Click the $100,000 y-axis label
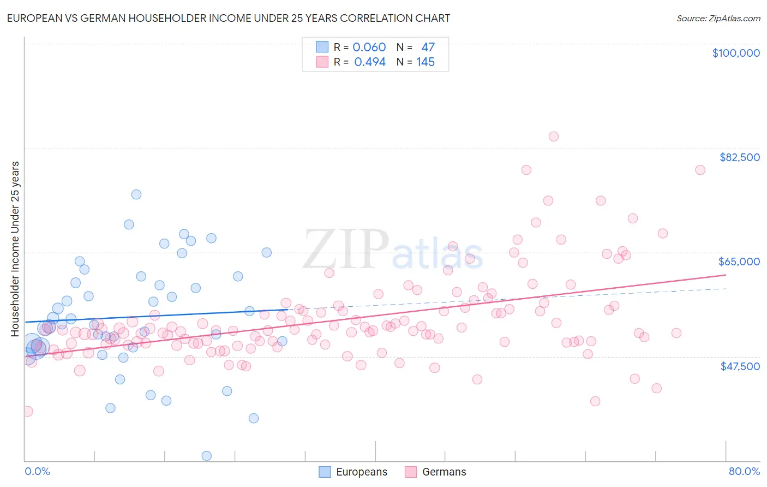[x=735, y=53]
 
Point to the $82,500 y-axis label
[x=739, y=157]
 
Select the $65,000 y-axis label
[x=739, y=262]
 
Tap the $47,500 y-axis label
[x=740, y=366]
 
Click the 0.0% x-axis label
[x=37, y=472]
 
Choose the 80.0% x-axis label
[x=744, y=472]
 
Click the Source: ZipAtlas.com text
[x=718, y=19]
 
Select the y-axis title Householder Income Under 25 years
[x=15, y=248]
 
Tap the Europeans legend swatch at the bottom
[x=325, y=472]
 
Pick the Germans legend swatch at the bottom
[x=411, y=472]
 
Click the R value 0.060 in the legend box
[x=369, y=47]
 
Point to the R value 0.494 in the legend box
[x=369, y=62]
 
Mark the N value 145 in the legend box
[x=426, y=62]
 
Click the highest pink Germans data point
[x=553, y=136]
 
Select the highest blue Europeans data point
[x=136, y=194]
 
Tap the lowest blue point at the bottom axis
[x=206, y=456]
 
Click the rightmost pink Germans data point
[x=700, y=170]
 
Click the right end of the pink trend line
[x=726, y=275]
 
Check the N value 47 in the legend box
[x=428, y=47]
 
